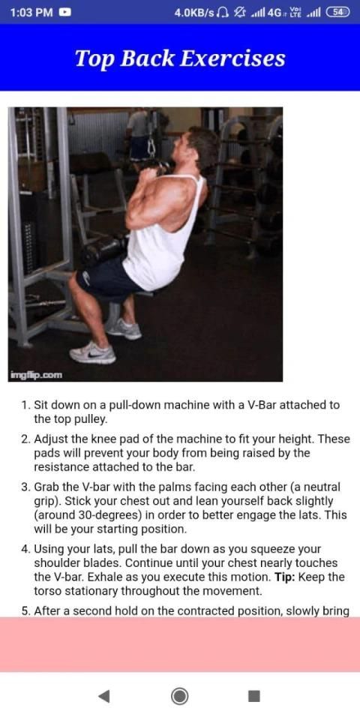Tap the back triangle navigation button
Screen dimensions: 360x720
pos(104,697)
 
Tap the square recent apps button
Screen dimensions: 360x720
pos(254,697)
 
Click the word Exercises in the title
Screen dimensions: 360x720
pos(232,58)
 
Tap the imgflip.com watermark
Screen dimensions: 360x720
pos(35,376)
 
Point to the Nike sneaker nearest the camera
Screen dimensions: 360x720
pos(92,352)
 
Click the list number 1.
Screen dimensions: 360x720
pos(25,406)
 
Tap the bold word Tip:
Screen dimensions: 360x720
pos(288,577)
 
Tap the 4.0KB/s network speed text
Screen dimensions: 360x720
pos(194,13)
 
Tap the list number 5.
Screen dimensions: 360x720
pos(25,612)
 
